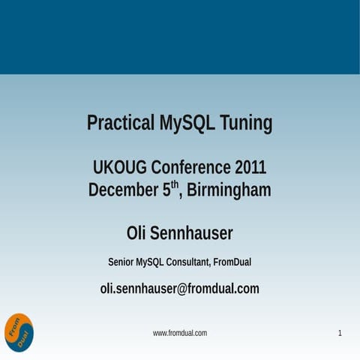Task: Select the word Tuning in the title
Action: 245,122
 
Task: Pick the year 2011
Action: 250,166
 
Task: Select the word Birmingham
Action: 229,190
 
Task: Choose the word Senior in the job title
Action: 121,262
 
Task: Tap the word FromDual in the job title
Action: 232,262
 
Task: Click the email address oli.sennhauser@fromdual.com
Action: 180,288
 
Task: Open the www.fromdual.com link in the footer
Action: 180,333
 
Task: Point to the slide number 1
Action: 340,333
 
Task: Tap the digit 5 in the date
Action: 166,190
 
